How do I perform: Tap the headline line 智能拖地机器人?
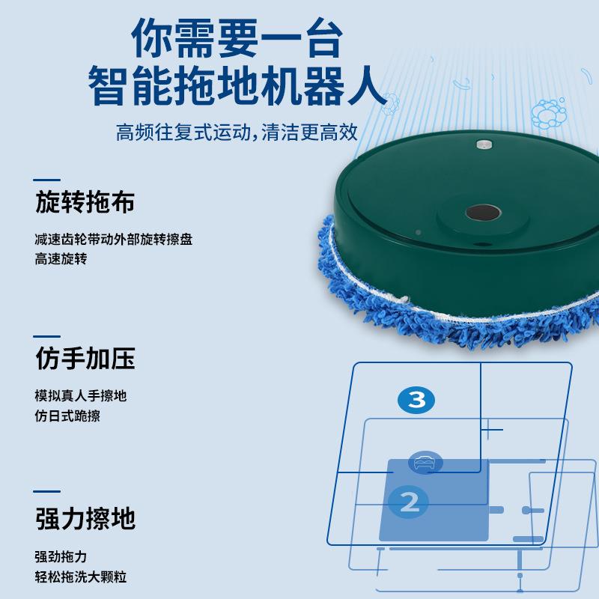point(237,88)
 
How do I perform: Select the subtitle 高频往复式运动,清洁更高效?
point(237,133)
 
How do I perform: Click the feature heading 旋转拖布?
point(85,202)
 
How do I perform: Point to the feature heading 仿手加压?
point(85,359)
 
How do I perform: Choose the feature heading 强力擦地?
point(85,518)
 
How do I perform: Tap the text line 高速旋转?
point(61,259)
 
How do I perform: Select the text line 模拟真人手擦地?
point(80,396)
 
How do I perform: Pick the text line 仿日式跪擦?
point(67,416)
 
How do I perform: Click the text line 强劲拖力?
point(61,556)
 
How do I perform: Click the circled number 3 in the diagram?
point(416,400)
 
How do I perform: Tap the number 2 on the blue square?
point(410,502)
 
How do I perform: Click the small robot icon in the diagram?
point(425,462)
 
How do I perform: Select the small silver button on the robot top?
point(483,142)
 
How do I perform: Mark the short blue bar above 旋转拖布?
point(47,180)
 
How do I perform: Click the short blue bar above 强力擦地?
point(47,492)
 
